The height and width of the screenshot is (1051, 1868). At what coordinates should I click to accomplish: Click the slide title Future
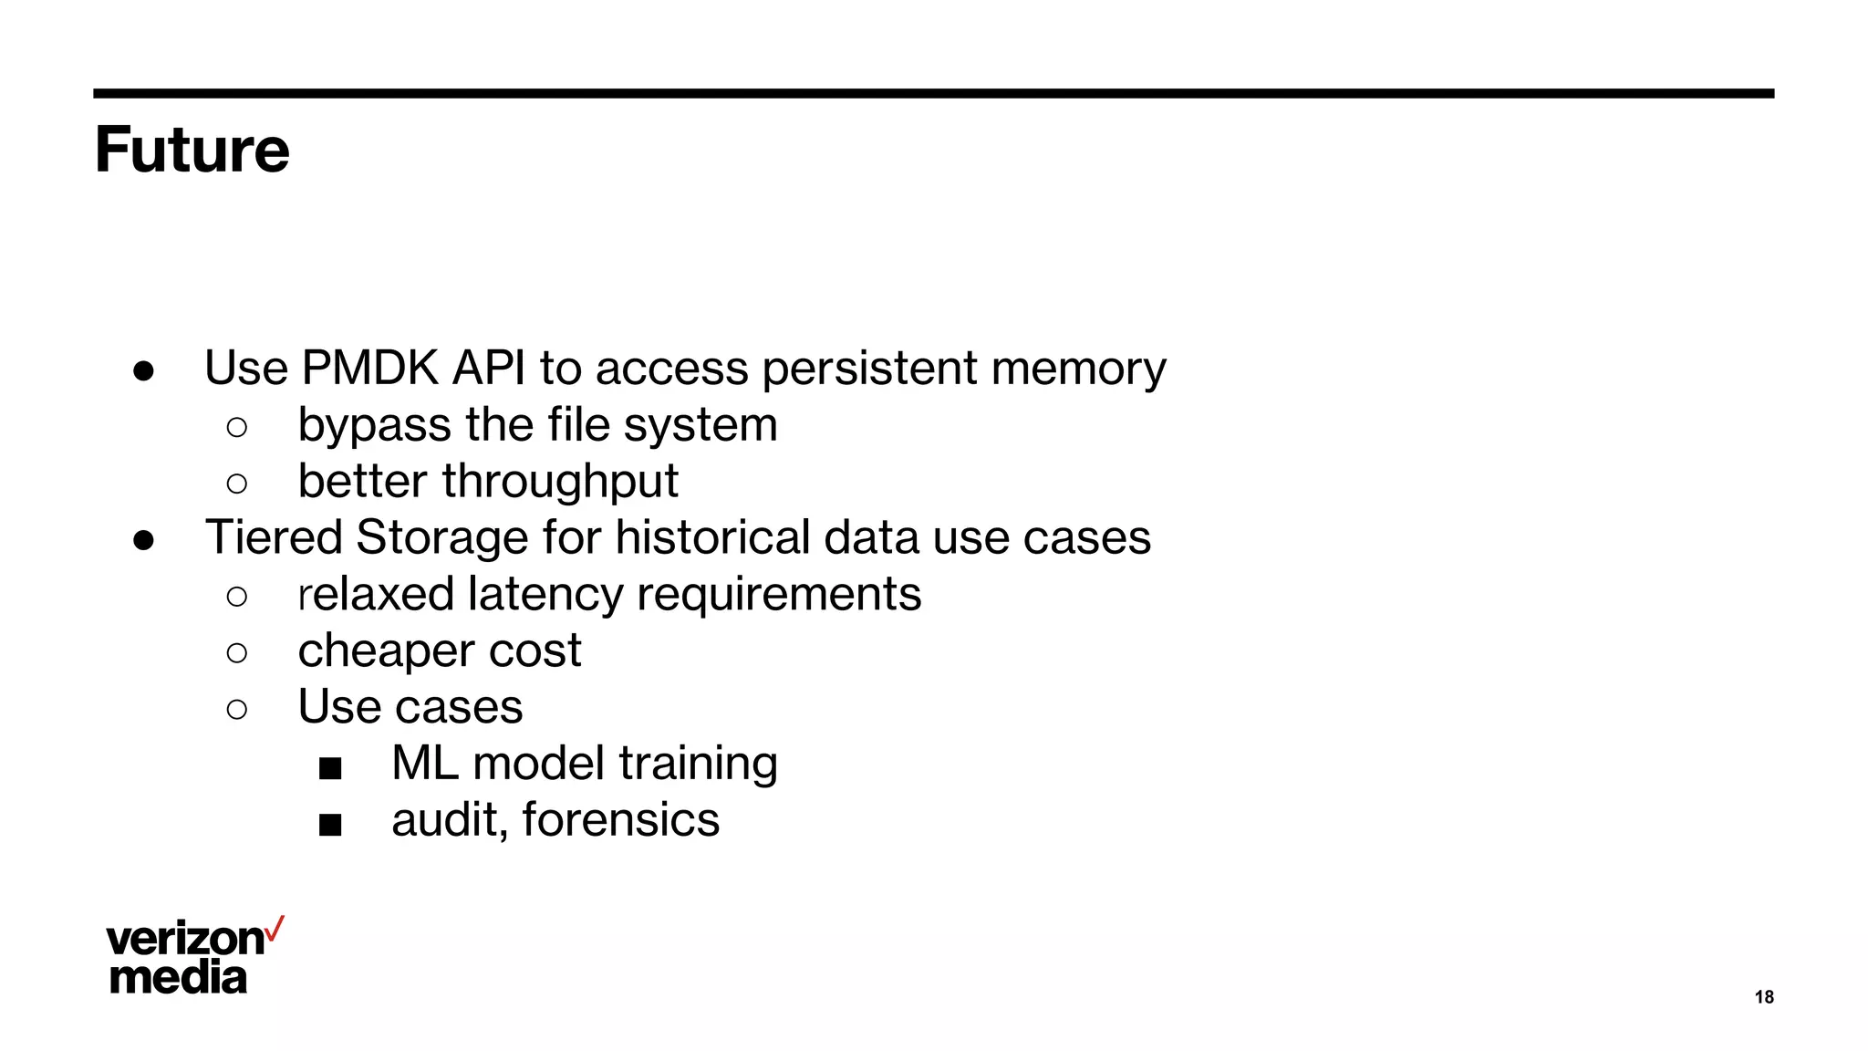(192, 150)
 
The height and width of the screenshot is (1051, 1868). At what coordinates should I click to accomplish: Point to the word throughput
(560, 483)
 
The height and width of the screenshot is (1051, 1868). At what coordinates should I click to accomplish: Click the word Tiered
(273, 537)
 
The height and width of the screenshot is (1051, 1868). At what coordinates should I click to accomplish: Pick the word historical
(712, 537)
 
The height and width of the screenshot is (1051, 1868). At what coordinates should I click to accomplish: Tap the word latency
(545, 594)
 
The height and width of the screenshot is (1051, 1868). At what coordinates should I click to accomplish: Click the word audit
(446, 819)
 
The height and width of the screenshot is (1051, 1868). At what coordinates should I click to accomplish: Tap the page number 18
(1764, 997)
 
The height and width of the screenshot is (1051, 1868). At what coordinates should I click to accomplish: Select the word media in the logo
(178, 977)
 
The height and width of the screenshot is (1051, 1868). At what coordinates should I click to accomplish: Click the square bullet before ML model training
(330, 768)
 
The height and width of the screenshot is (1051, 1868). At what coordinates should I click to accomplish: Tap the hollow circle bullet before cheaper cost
(236, 652)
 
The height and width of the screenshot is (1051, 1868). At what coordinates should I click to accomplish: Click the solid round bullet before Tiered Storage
(143, 540)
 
